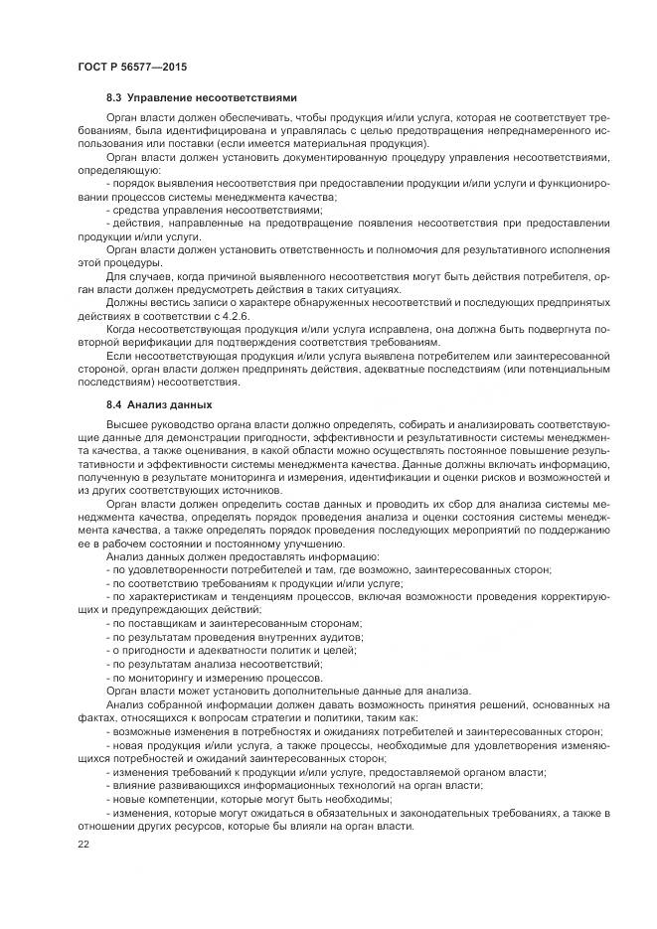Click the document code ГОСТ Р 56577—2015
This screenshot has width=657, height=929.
point(131,66)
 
